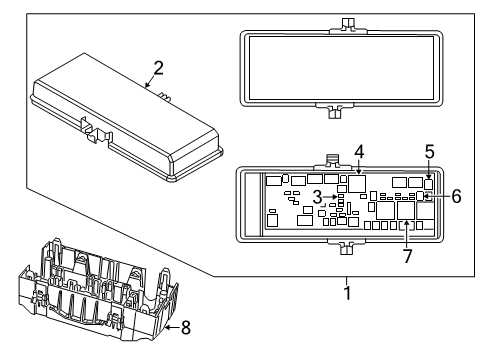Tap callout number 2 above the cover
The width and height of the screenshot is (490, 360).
[x=157, y=68]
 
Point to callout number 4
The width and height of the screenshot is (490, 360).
[x=358, y=152]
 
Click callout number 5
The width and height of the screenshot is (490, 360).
[x=428, y=152]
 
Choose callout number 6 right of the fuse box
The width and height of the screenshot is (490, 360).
[x=456, y=197]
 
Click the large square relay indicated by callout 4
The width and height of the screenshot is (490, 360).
[x=357, y=184]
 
